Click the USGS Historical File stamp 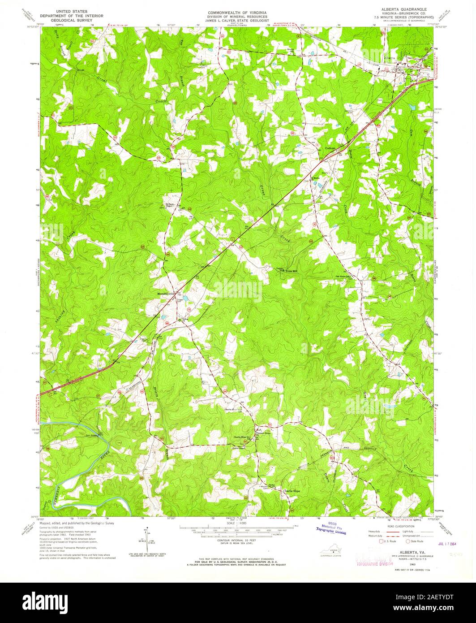pyautogui.click(x=332, y=528)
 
